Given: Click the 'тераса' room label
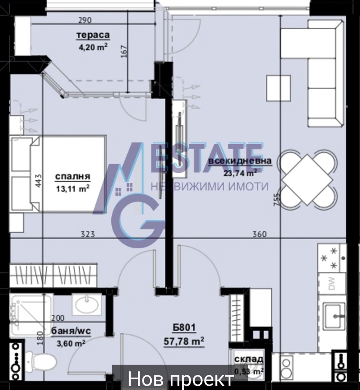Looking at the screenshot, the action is pos(93,35).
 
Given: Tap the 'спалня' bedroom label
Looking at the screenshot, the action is pos(72,177).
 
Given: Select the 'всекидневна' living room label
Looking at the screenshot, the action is pos(240,161).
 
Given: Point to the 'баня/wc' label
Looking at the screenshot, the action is pos(71,331).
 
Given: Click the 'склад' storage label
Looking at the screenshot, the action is pos(249,359).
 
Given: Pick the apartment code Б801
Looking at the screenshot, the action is pos(185,328).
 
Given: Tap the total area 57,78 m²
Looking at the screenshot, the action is pos(184,341).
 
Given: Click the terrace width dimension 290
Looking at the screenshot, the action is pos(85,20).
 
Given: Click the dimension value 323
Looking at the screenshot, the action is pos(88,234).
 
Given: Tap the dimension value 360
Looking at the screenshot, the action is pos(259,234).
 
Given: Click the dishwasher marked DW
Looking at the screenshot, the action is pos(332,284).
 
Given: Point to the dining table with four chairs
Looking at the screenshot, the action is pos(307,179).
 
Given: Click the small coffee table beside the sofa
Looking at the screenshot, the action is pos(279,88).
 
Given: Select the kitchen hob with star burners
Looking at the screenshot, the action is pos(332,258).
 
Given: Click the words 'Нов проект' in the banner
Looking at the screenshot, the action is pos(181,379).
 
